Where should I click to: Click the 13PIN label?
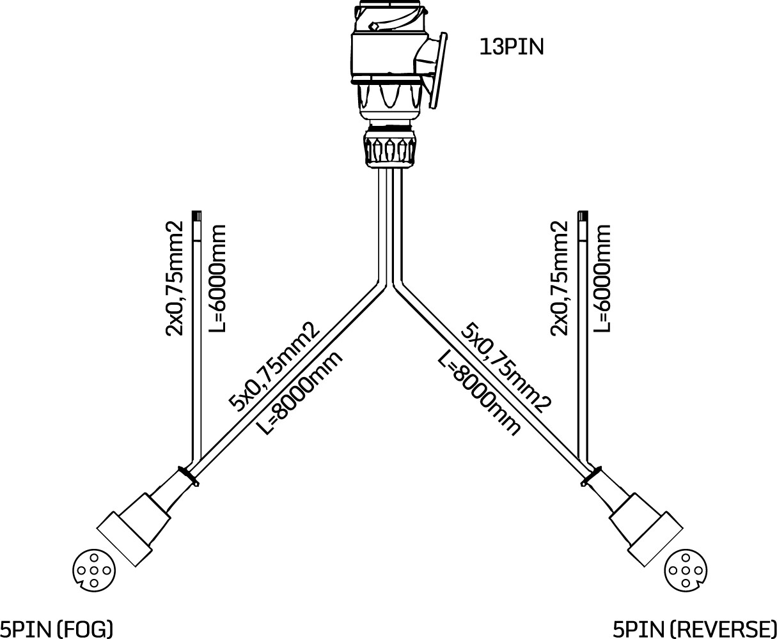(512, 47)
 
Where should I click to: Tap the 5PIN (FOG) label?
(56, 629)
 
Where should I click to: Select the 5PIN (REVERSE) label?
(695, 629)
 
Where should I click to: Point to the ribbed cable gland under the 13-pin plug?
(390, 147)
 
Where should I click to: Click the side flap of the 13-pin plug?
(439, 70)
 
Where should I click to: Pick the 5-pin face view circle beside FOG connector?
(94, 570)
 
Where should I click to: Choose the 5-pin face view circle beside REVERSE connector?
(686, 570)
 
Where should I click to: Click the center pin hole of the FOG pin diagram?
(94, 571)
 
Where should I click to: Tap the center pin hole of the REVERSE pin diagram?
(686, 571)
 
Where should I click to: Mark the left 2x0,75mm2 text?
(174, 278)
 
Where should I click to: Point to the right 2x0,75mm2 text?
(558, 278)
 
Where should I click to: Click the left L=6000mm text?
(217, 278)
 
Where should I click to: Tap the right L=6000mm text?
(602, 278)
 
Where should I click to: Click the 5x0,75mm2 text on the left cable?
(274, 367)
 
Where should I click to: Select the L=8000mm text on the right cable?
(479, 394)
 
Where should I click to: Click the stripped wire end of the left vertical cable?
(197, 226)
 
